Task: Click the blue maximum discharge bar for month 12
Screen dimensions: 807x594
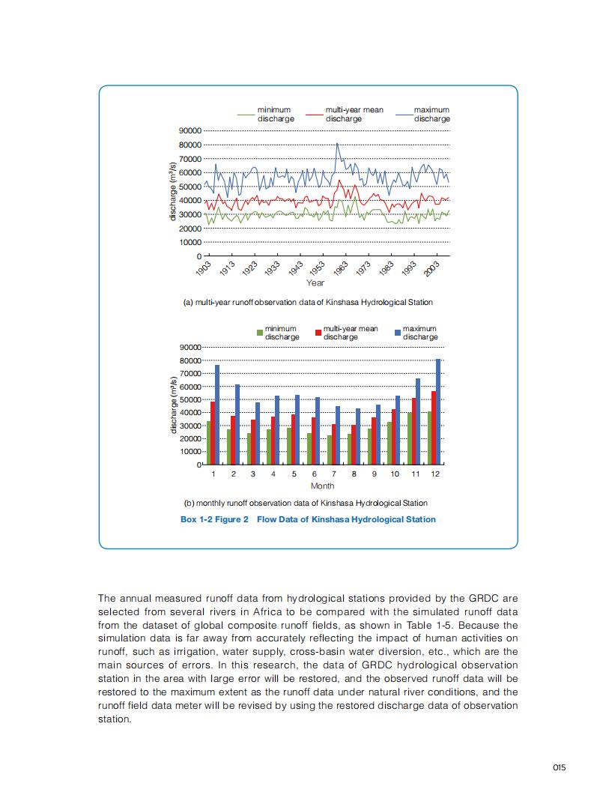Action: pyautogui.click(x=438, y=412)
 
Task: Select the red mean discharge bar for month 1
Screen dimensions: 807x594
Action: pyautogui.click(x=213, y=433)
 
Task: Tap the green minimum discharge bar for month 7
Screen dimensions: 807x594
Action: pyautogui.click(x=330, y=450)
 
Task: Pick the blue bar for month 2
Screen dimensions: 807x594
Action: pyautogui.click(x=237, y=424)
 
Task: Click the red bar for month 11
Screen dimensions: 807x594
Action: pyautogui.click(x=413, y=431)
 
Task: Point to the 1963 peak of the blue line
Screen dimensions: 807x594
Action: pyautogui.click(x=337, y=144)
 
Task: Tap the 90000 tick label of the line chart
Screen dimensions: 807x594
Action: pyautogui.click(x=190, y=130)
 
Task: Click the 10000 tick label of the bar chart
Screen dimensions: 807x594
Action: pyautogui.click(x=190, y=452)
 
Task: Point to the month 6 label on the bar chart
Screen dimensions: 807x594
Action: pyautogui.click(x=314, y=474)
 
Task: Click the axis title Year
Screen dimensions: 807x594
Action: pyautogui.click(x=315, y=282)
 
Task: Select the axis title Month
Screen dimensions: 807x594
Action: pyautogui.click(x=322, y=486)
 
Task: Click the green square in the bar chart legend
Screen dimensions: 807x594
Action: pyautogui.click(x=260, y=332)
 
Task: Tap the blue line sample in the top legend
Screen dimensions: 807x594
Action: pyautogui.click(x=404, y=114)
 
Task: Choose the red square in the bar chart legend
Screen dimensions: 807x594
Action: pyautogui.click(x=318, y=332)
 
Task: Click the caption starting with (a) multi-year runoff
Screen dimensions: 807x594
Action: pyautogui.click(x=308, y=302)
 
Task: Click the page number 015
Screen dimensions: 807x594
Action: pyautogui.click(x=559, y=767)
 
